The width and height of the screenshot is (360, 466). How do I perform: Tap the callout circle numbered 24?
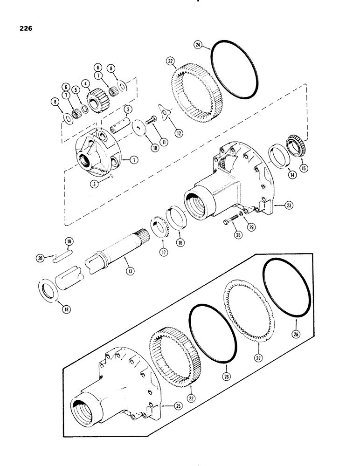click(198, 45)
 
